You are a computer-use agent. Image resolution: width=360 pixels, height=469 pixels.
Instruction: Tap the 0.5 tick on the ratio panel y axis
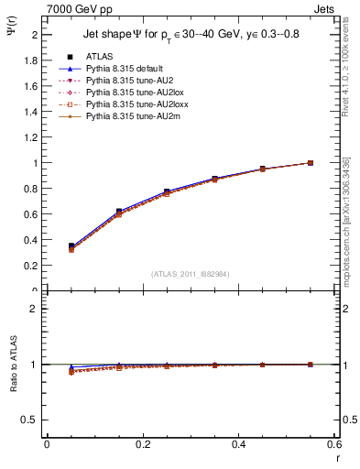click(32, 420)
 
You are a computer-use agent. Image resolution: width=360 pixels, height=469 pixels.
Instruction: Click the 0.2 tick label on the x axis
click(142, 444)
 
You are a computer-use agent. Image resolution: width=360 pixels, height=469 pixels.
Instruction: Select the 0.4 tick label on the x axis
click(238, 444)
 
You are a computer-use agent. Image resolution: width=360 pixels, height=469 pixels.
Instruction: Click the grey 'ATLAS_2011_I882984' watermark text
click(191, 273)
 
